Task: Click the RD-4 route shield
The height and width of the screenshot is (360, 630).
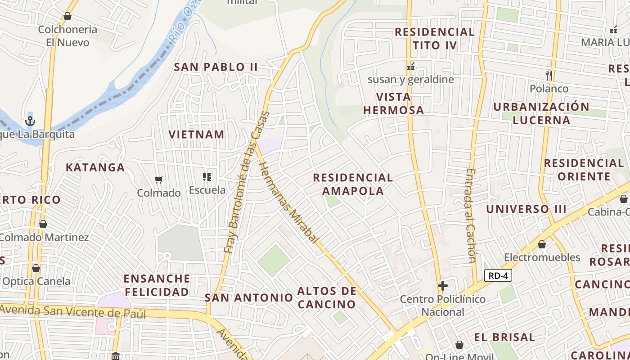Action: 498,275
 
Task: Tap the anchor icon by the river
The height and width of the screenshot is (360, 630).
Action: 30,121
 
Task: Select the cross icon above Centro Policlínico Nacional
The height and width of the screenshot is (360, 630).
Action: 443,286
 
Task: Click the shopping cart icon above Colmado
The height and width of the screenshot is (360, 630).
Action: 158,180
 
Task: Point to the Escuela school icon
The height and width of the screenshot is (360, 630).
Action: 207,177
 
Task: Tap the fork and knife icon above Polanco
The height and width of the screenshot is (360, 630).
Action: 549,75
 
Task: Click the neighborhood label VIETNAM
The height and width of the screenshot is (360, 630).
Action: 196,134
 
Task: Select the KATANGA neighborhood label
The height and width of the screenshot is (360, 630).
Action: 95,167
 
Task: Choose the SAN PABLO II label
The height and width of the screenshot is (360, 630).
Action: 216,67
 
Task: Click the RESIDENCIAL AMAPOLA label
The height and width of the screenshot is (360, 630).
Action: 353,184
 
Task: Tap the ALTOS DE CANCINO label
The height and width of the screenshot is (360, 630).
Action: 327,297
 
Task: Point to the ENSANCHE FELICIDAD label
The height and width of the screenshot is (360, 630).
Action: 157,285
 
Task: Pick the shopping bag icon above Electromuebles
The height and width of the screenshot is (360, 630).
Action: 542,244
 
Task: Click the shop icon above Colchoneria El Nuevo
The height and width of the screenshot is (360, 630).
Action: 67,17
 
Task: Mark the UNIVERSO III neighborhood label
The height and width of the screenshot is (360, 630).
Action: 526,209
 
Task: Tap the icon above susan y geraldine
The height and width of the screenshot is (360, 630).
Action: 410,67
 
